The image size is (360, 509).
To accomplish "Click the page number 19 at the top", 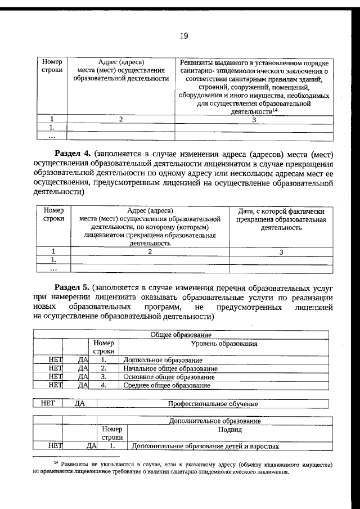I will coord(183,36).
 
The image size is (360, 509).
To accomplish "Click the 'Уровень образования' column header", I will coord(224,343).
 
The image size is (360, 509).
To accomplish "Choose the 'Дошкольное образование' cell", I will coord(162,360).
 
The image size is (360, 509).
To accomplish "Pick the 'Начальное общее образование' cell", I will coord(170,368).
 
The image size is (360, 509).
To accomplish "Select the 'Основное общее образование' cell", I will coord(169,377).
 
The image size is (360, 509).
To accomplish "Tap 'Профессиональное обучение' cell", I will coord(213,403).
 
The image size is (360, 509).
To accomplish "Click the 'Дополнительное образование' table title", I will coord(215,421).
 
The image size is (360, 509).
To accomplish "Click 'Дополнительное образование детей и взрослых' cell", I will coord(205,447).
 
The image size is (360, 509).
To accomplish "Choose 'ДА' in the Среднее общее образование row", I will coord(83,385).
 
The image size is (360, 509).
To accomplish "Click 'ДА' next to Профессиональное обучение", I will coord(81,403).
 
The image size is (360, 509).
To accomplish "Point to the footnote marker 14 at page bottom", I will coord(56,462).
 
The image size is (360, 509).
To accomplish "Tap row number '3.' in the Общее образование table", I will coord(103,377).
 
